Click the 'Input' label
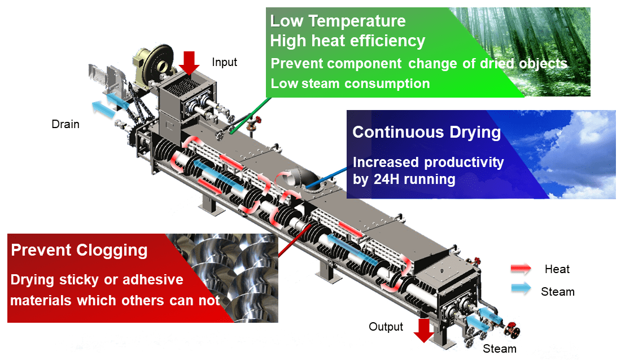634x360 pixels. (225, 62)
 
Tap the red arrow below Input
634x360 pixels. (189, 63)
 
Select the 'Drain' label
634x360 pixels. (65, 124)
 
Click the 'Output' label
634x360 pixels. (386, 327)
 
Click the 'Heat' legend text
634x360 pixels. (557, 269)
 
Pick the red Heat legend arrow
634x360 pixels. (521, 269)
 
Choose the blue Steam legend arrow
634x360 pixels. (521, 288)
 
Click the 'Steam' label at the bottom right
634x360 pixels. (500, 349)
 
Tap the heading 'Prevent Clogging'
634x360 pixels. (80, 250)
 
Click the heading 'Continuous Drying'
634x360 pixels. (426, 133)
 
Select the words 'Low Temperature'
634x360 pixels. (338, 21)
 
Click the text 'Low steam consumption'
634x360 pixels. (350, 84)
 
